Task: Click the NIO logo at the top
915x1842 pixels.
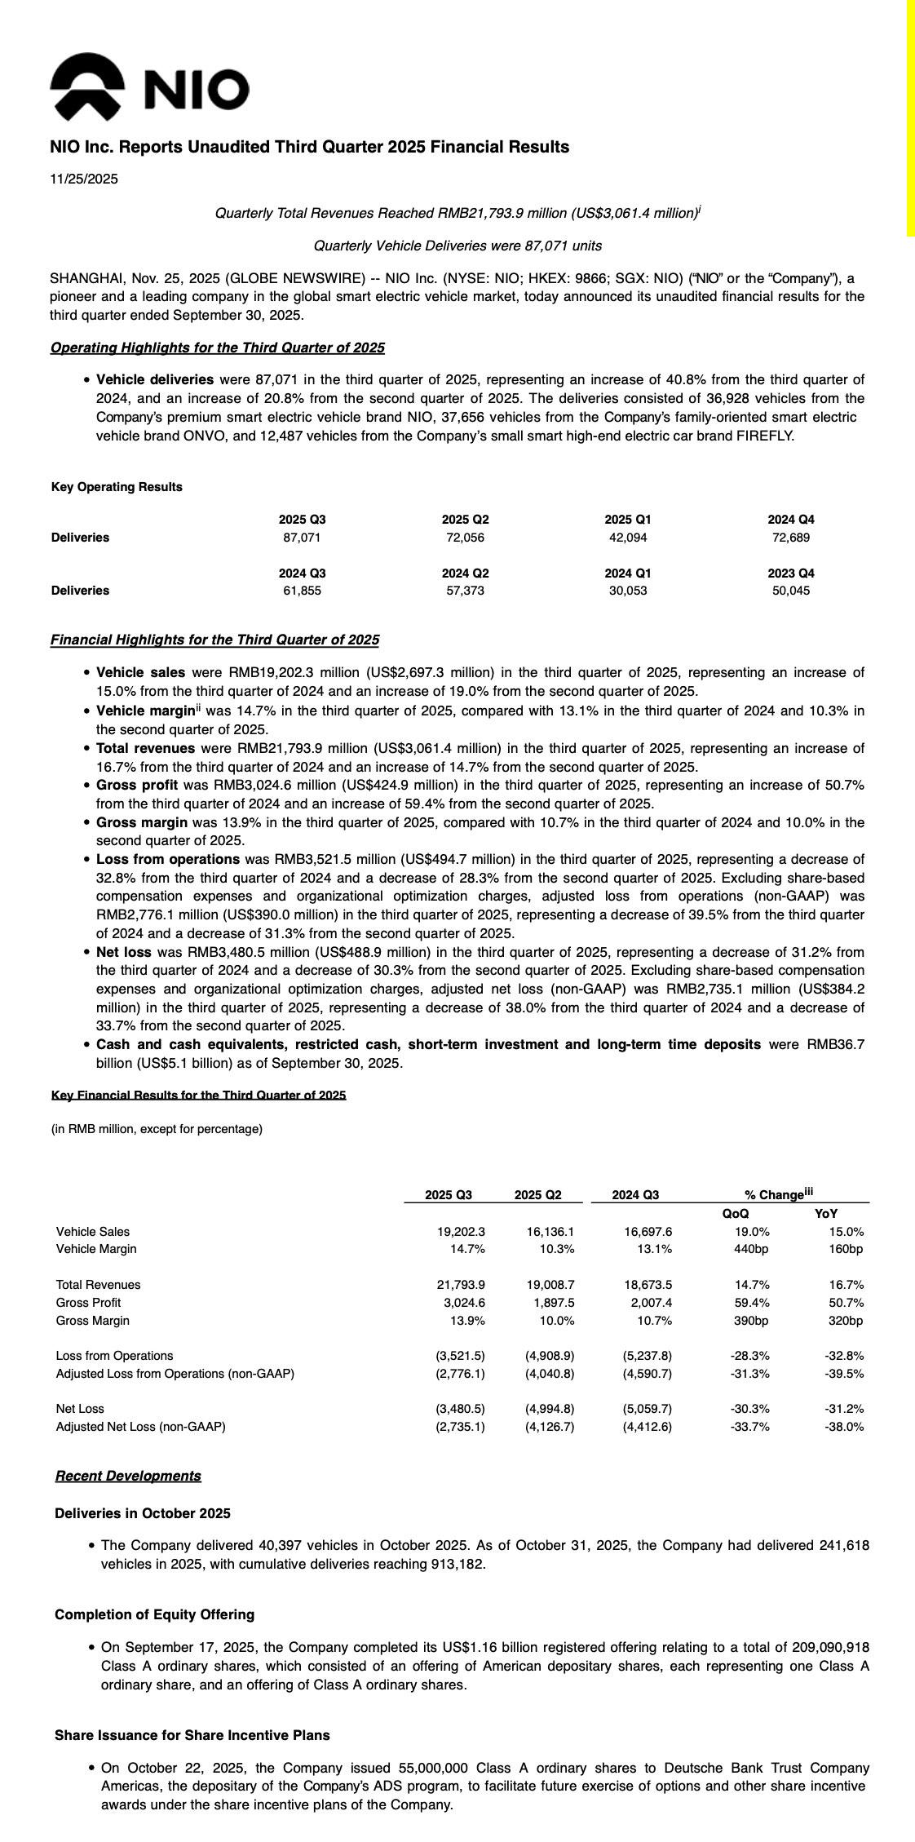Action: [149, 86]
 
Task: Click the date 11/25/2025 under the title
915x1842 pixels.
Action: [84, 179]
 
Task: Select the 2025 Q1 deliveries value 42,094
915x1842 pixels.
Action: [628, 538]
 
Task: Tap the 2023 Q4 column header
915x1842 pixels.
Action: [791, 573]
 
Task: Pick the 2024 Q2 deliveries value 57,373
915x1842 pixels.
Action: [465, 591]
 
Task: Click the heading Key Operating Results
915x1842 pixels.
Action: [117, 487]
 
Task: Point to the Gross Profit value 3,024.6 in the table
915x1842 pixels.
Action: [462, 1303]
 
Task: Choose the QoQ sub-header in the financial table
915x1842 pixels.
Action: [736, 1214]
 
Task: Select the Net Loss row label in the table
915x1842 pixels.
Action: [80, 1409]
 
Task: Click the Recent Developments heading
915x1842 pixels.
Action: [128, 1476]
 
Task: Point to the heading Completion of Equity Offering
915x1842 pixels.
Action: [154, 1614]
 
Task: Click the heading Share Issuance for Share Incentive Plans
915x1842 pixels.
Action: [192, 1735]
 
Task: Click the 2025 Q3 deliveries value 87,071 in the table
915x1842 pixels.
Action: [302, 538]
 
